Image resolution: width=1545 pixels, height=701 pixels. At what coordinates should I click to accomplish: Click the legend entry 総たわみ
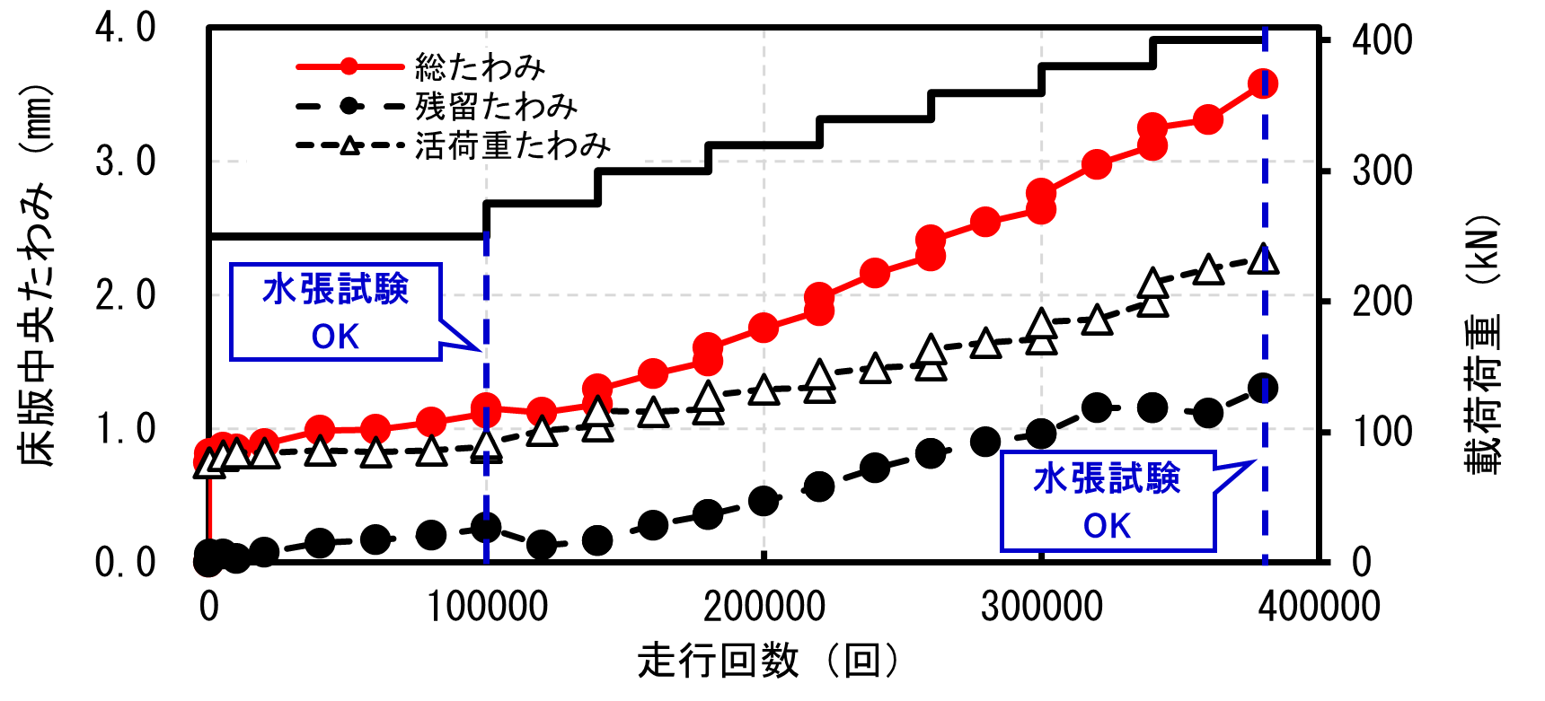(x=480, y=67)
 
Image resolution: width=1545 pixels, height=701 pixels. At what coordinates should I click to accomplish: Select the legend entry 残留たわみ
(x=496, y=107)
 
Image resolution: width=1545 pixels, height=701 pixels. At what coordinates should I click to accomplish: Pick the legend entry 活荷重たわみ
(x=512, y=145)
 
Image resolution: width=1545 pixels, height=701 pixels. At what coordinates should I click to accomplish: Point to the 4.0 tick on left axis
(x=125, y=28)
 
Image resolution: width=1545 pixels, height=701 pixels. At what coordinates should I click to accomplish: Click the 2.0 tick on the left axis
(x=125, y=295)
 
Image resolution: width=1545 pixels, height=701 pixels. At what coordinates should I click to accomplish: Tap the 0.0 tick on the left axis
(x=125, y=563)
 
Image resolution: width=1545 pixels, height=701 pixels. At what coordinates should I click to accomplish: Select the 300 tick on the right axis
(x=1382, y=171)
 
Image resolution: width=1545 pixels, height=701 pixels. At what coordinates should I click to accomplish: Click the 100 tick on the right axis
(x=1382, y=432)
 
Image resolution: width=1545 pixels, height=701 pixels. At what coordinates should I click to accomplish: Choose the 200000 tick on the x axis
(x=764, y=607)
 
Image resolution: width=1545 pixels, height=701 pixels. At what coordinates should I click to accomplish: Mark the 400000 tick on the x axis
(x=1319, y=607)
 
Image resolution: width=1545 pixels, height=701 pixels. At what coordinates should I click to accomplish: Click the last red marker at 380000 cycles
(x=1263, y=84)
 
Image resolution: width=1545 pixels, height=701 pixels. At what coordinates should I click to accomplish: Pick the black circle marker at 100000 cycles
(x=486, y=528)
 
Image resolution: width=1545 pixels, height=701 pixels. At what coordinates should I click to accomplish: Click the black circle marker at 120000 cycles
(x=542, y=544)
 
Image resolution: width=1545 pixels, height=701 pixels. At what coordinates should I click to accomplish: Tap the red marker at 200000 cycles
(x=764, y=328)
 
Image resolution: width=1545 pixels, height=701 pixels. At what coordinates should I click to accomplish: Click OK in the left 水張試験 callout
(x=335, y=337)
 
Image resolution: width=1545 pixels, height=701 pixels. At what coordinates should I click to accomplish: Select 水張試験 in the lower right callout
(x=1107, y=478)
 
